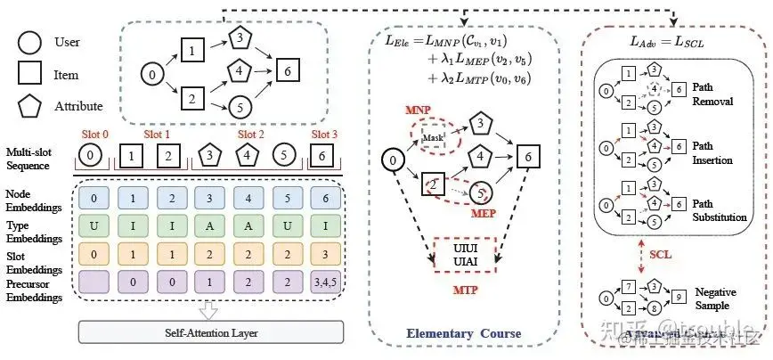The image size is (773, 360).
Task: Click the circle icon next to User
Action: click(x=27, y=42)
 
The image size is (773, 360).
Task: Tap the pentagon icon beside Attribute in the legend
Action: click(x=27, y=106)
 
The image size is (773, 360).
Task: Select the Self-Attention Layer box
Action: click(x=211, y=332)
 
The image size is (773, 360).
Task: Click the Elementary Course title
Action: click(x=463, y=334)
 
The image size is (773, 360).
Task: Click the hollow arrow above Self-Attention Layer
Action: click(x=211, y=309)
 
